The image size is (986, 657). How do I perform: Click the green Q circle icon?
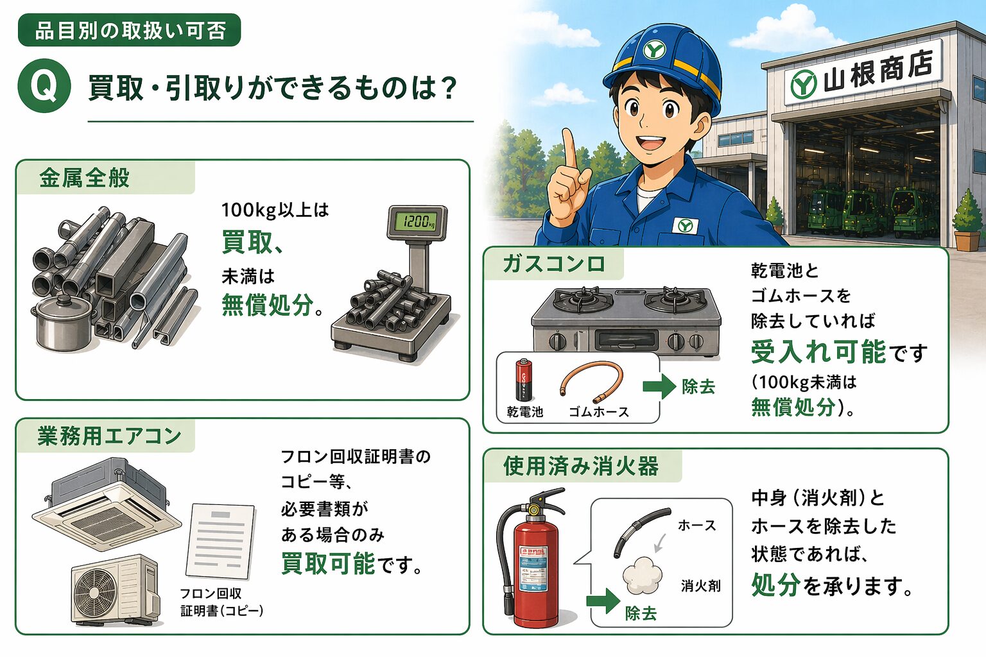[x=44, y=85]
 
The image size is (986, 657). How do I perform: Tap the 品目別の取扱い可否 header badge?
[x=130, y=30]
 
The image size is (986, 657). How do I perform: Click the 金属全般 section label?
[x=85, y=178]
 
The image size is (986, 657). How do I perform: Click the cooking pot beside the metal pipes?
[x=63, y=322]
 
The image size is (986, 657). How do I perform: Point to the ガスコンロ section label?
[x=553, y=264]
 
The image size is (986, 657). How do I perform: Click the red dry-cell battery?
[x=523, y=379]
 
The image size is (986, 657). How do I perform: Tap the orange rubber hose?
[x=592, y=381]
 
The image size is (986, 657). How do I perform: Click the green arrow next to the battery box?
[x=659, y=387]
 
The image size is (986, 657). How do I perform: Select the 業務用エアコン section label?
[x=109, y=436]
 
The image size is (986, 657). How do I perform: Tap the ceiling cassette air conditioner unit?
[x=107, y=504]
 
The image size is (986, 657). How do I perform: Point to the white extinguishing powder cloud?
[x=643, y=575]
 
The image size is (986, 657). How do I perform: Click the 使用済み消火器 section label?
[x=581, y=466]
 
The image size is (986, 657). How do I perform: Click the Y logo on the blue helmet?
[x=654, y=50]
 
